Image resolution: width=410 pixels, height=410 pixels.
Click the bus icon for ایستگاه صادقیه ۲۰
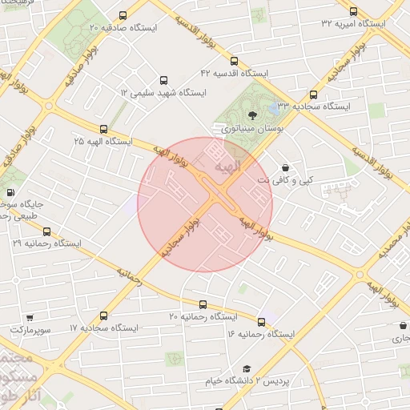[122, 15]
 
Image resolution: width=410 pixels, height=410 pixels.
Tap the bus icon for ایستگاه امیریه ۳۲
[353, 11]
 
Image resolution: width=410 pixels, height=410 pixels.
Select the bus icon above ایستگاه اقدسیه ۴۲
[234, 61]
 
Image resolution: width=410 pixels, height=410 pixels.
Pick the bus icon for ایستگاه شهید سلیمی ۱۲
[164, 81]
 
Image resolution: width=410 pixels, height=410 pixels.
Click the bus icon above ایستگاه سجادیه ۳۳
[312, 94]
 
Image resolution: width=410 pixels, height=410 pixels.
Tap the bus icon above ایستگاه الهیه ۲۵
[103, 129]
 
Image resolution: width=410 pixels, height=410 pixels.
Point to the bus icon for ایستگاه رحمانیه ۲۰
[203, 305]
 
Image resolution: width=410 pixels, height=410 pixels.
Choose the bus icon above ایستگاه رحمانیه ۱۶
[261, 321]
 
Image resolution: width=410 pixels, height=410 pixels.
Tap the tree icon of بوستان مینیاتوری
[253, 115]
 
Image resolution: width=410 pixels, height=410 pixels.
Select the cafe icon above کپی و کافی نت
[286, 168]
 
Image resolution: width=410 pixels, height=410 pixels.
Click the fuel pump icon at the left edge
[10, 192]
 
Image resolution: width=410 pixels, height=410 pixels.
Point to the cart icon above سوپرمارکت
[30, 318]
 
